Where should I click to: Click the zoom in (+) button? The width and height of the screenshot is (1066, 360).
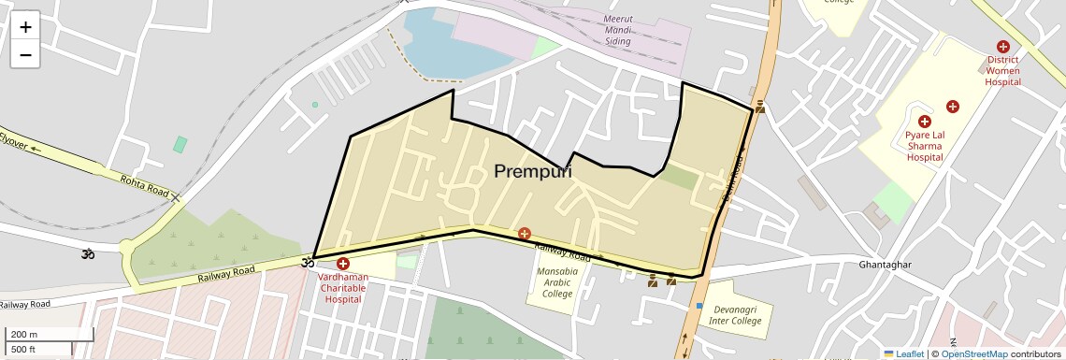(25, 27)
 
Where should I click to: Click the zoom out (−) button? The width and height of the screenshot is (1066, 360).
(25, 55)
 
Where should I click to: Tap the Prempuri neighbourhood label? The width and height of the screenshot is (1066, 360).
(532, 171)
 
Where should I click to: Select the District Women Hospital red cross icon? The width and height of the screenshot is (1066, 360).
(1003, 47)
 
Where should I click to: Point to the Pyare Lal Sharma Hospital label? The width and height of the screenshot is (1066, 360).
(924, 147)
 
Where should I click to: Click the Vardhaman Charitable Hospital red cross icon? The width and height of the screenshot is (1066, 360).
(343, 265)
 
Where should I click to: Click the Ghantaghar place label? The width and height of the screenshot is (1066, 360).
(885, 265)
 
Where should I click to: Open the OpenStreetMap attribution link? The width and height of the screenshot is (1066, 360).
(973, 353)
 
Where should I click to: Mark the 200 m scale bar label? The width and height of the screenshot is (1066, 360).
(24, 334)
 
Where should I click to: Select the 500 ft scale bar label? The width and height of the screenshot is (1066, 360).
(24, 349)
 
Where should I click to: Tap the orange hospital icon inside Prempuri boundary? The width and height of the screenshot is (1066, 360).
(525, 232)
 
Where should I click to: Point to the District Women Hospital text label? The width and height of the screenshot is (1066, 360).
(1003, 71)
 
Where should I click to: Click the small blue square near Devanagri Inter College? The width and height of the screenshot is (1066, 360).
(699, 306)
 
